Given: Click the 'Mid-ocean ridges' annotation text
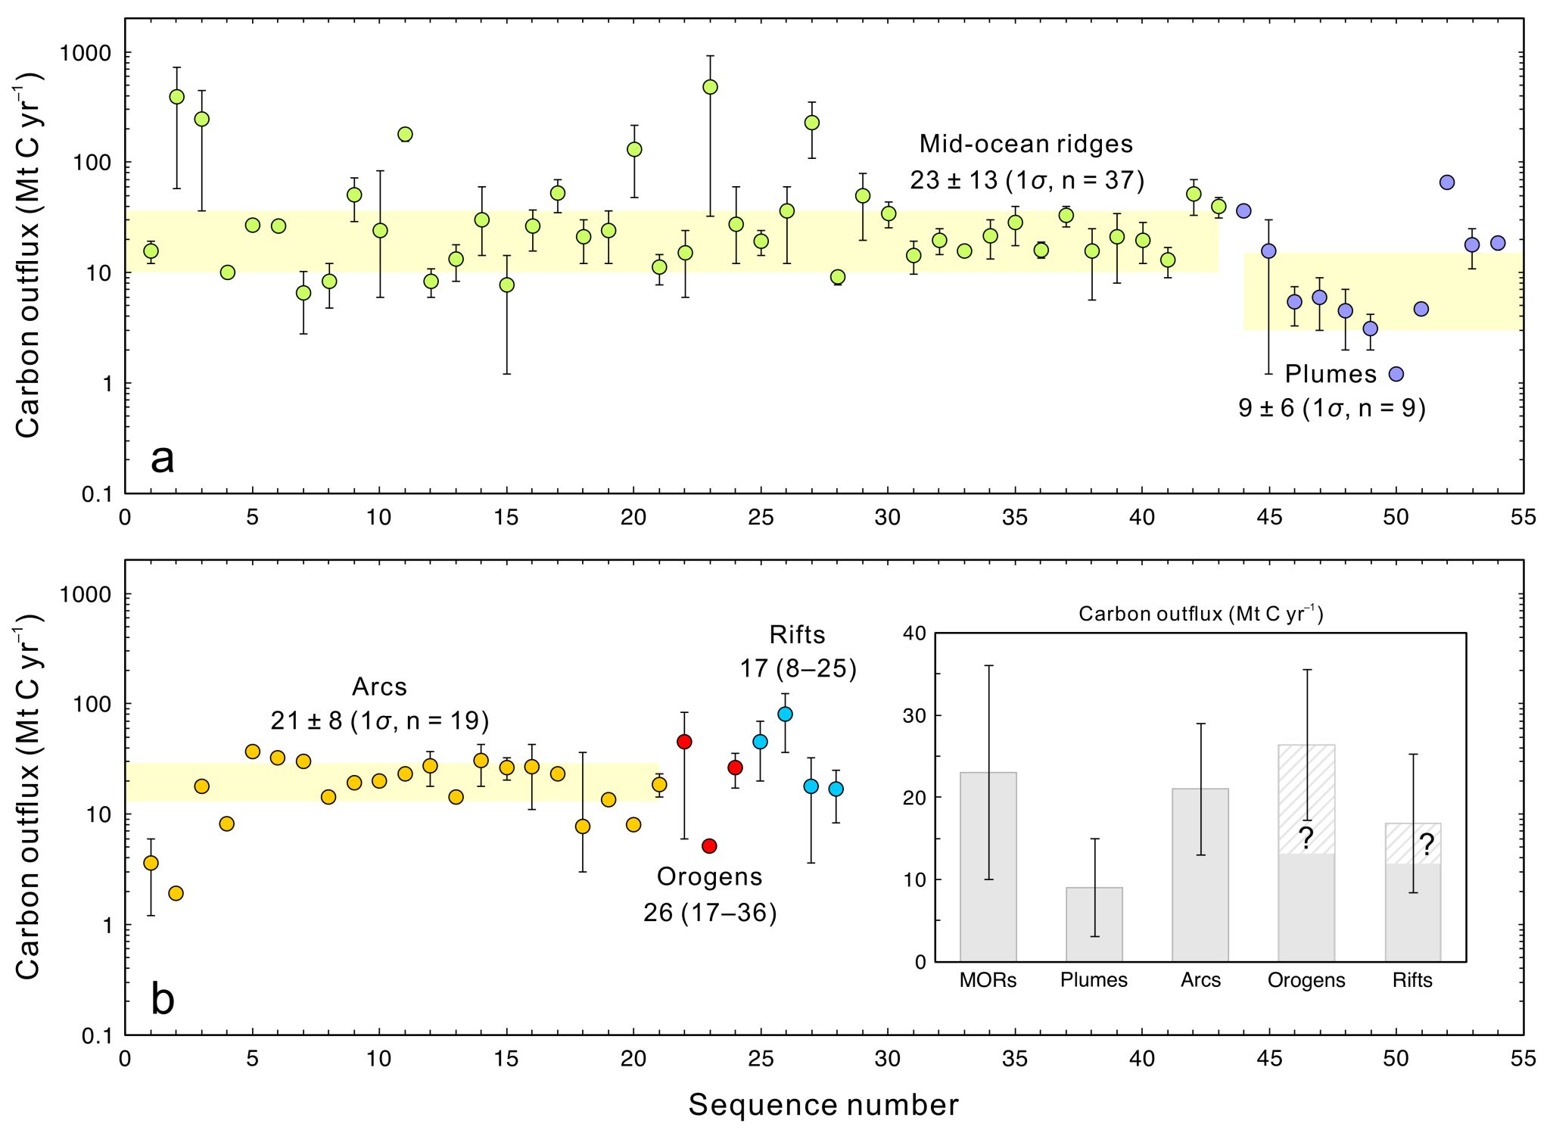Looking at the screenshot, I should tap(1026, 144).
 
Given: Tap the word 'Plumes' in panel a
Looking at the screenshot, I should tap(1331, 374).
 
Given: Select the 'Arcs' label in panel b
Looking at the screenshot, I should tap(379, 686).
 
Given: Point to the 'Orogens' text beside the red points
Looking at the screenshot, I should tap(709, 876).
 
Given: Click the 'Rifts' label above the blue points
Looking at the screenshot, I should tap(797, 634).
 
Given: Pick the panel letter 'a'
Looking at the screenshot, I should tap(163, 459).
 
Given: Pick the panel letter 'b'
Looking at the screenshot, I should tap(163, 999).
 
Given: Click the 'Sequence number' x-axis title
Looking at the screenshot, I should tap(823, 1105).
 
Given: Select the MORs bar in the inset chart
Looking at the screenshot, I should tap(988, 870).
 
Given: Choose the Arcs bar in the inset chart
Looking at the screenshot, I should tap(1200, 878).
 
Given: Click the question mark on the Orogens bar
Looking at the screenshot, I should tap(1306, 839).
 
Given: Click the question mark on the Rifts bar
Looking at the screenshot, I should tap(1426, 845).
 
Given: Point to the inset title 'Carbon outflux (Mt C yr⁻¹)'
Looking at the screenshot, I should tap(1200, 614).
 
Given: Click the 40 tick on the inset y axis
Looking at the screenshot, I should tap(915, 633).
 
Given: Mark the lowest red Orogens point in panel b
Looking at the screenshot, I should tap(709, 846).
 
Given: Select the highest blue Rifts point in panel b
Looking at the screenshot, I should tap(785, 714).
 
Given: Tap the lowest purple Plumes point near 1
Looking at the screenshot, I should tap(1396, 374).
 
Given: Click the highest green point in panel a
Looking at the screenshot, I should tap(710, 87).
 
